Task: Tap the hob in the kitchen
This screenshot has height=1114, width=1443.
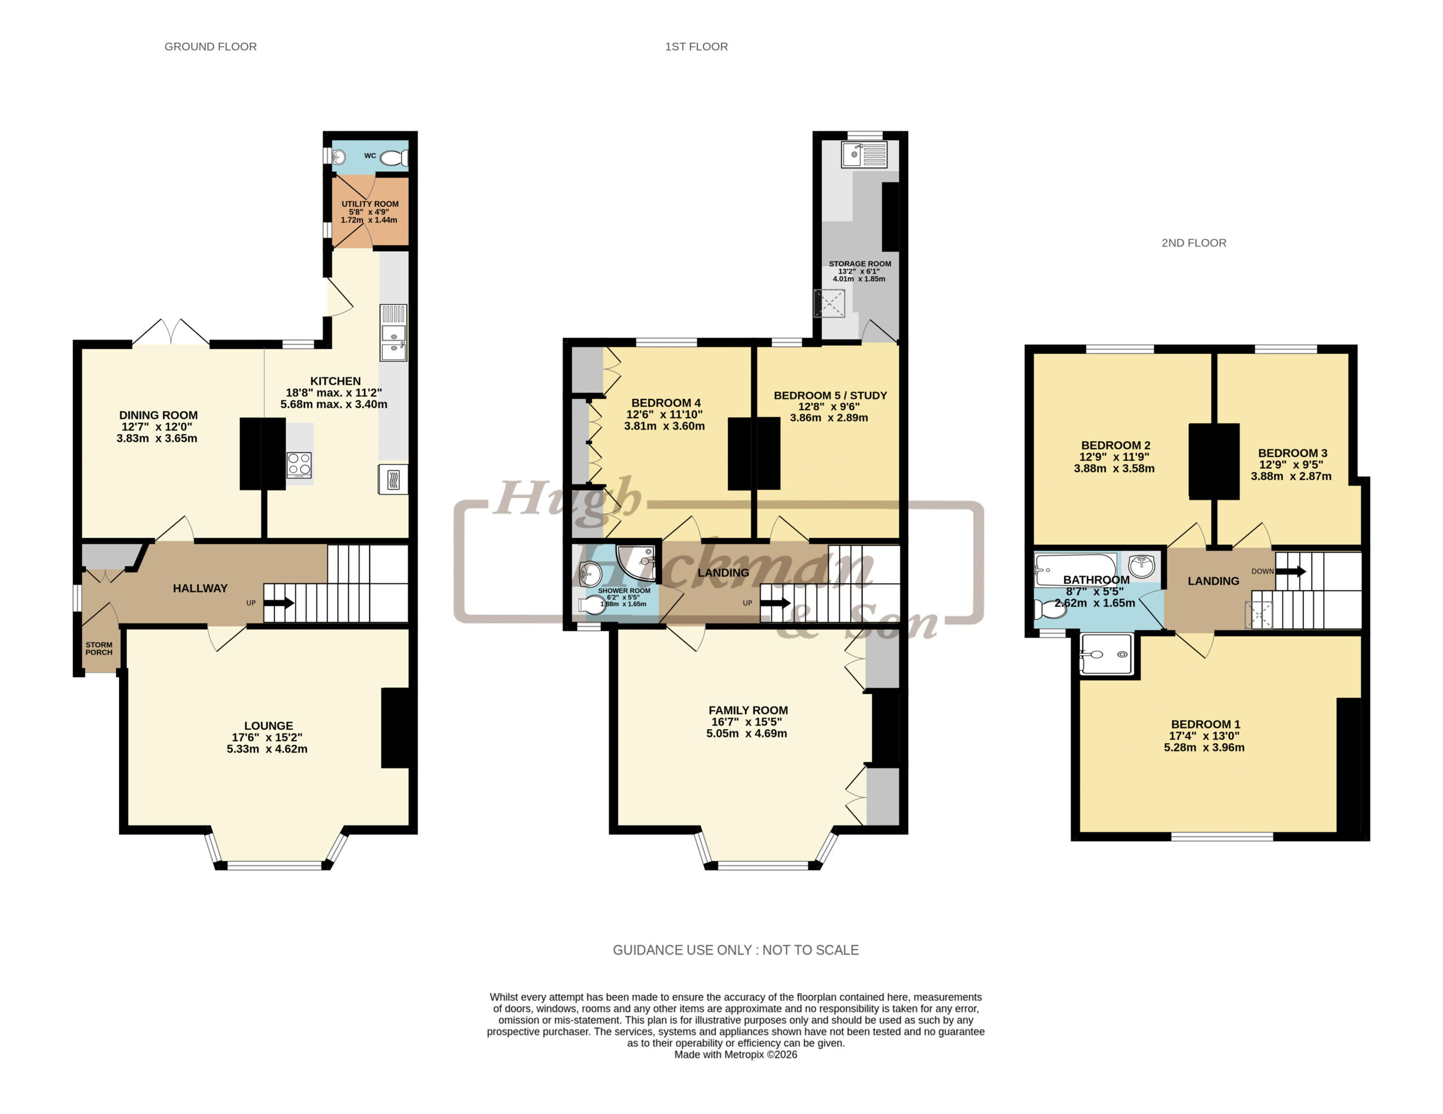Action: coord(299,465)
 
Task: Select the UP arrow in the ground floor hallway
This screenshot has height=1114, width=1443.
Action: coord(279,602)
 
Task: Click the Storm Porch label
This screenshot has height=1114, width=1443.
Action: coord(99,649)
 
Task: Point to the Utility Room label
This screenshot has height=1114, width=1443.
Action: coord(370,204)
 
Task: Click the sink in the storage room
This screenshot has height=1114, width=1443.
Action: coord(864,154)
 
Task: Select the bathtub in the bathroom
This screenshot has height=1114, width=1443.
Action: coord(1075,569)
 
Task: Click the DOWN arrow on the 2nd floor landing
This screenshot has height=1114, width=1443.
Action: coord(1291,571)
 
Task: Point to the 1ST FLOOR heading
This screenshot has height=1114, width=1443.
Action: coord(696,47)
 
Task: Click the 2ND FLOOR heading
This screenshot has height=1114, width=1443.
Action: coord(1194,243)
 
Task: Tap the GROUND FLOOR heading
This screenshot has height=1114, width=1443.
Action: coord(211,47)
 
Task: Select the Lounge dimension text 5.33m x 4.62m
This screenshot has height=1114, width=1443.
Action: coord(267,749)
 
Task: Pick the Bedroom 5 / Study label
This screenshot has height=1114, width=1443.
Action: coord(830,396)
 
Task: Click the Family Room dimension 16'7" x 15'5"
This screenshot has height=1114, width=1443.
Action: coord(747,722)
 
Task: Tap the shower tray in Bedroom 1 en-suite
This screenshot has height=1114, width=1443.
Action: coord(1105,654)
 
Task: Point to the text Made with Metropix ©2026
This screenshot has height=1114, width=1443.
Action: coord(736,1055)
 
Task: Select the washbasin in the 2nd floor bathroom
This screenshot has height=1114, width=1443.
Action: coord(1141,566)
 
